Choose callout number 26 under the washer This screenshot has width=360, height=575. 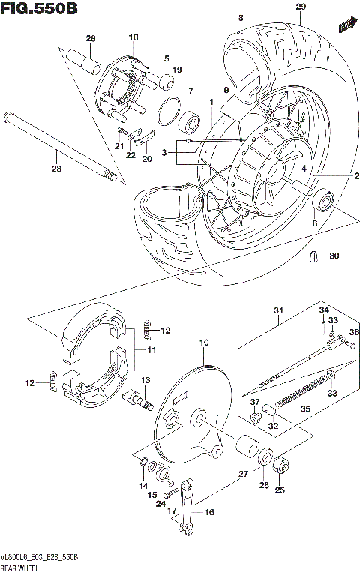pyautogui.click(x=264, y=485)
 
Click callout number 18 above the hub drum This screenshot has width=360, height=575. pyautogui.click(x=133, y=37)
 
